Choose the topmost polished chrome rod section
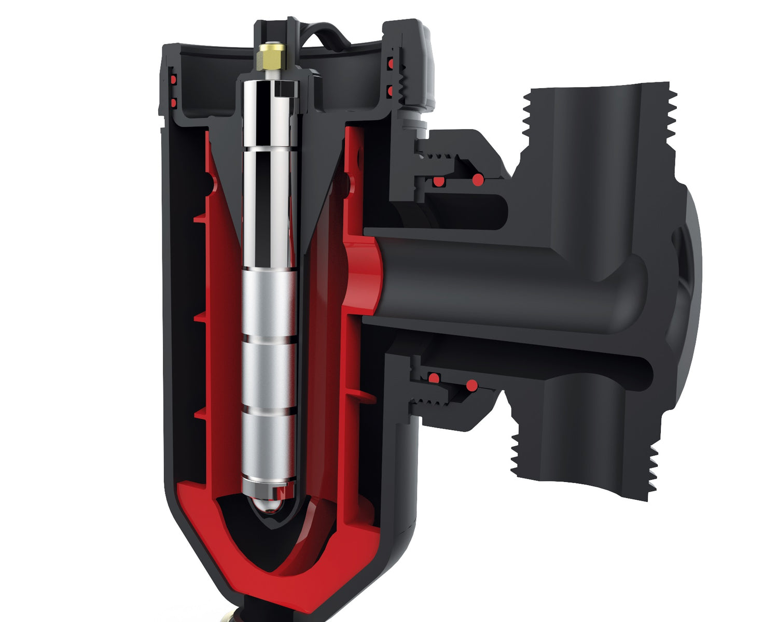tap(270, 114)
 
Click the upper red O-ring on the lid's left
tap(173, 80)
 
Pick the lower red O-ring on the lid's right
tap(388, 92)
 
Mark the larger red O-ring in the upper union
tap(478, 180)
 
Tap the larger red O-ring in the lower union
tap(471, 386)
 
